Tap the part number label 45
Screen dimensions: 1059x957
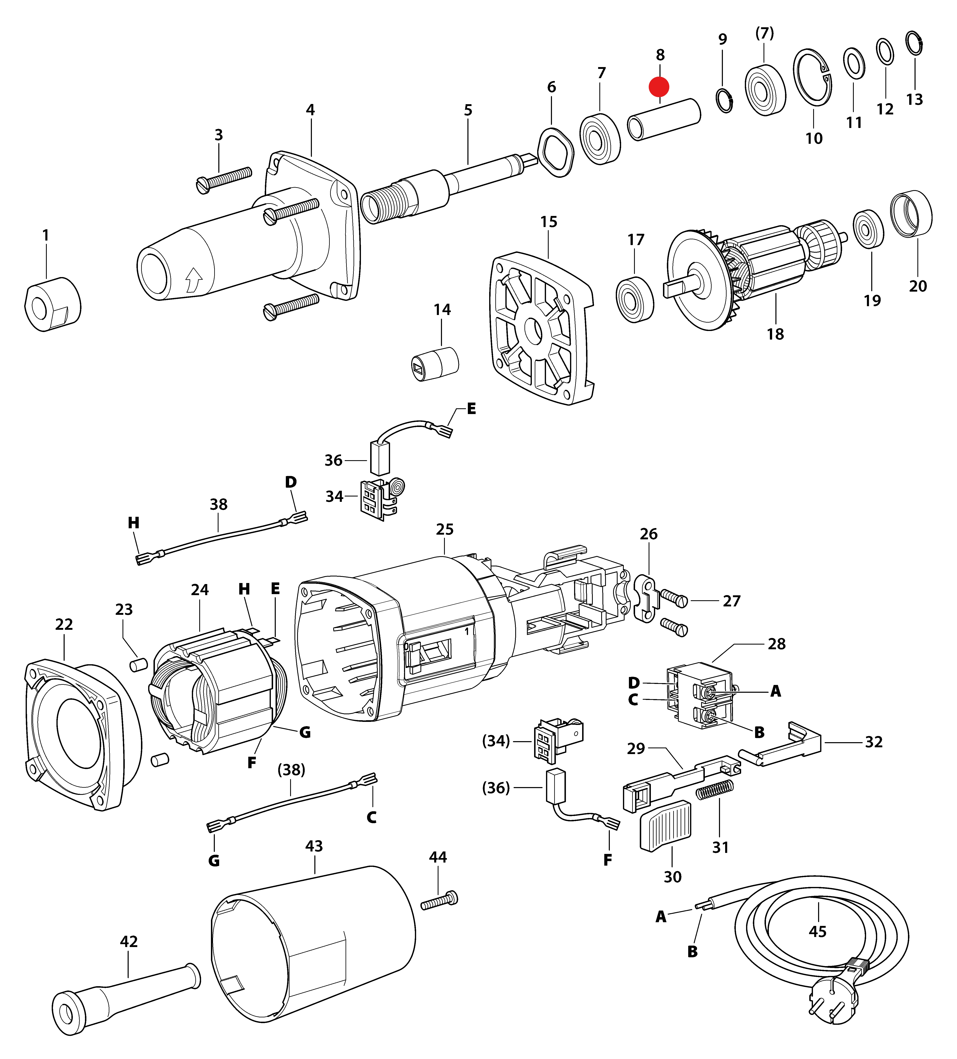tap(817, 931)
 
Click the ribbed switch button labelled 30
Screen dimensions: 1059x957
tap(665, 825)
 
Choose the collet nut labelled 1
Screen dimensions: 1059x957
tap(53, 305)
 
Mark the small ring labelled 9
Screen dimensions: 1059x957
tap(725, 100)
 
